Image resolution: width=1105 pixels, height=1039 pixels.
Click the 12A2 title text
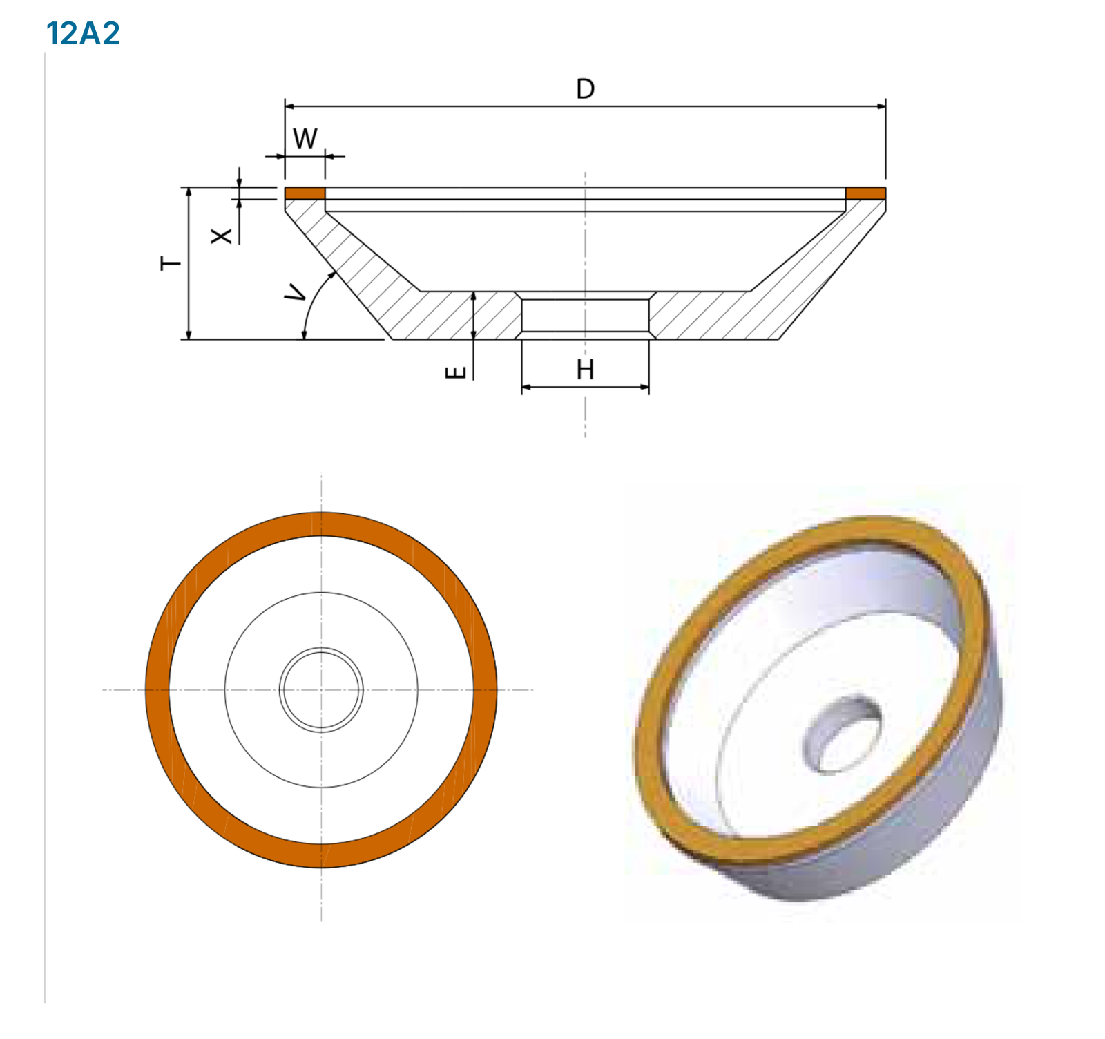[x=83, y=33]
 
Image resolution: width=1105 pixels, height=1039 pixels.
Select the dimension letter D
[x=585, y=89]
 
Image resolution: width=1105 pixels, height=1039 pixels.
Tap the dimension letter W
[x=305, y=139]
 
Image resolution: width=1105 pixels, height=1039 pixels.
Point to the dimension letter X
[x=221, y=236]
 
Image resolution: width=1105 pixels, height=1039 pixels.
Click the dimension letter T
[x=171, y=263]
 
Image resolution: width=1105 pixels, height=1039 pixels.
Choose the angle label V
[x=296, y=292]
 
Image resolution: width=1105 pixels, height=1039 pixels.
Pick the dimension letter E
[x=455, y=373]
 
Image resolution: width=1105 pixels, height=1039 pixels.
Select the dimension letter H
[x=585, y=370]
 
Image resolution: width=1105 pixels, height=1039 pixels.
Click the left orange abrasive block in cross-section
[x=305, y=193]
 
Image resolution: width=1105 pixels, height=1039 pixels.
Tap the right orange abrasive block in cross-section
[x=865, y=193]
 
